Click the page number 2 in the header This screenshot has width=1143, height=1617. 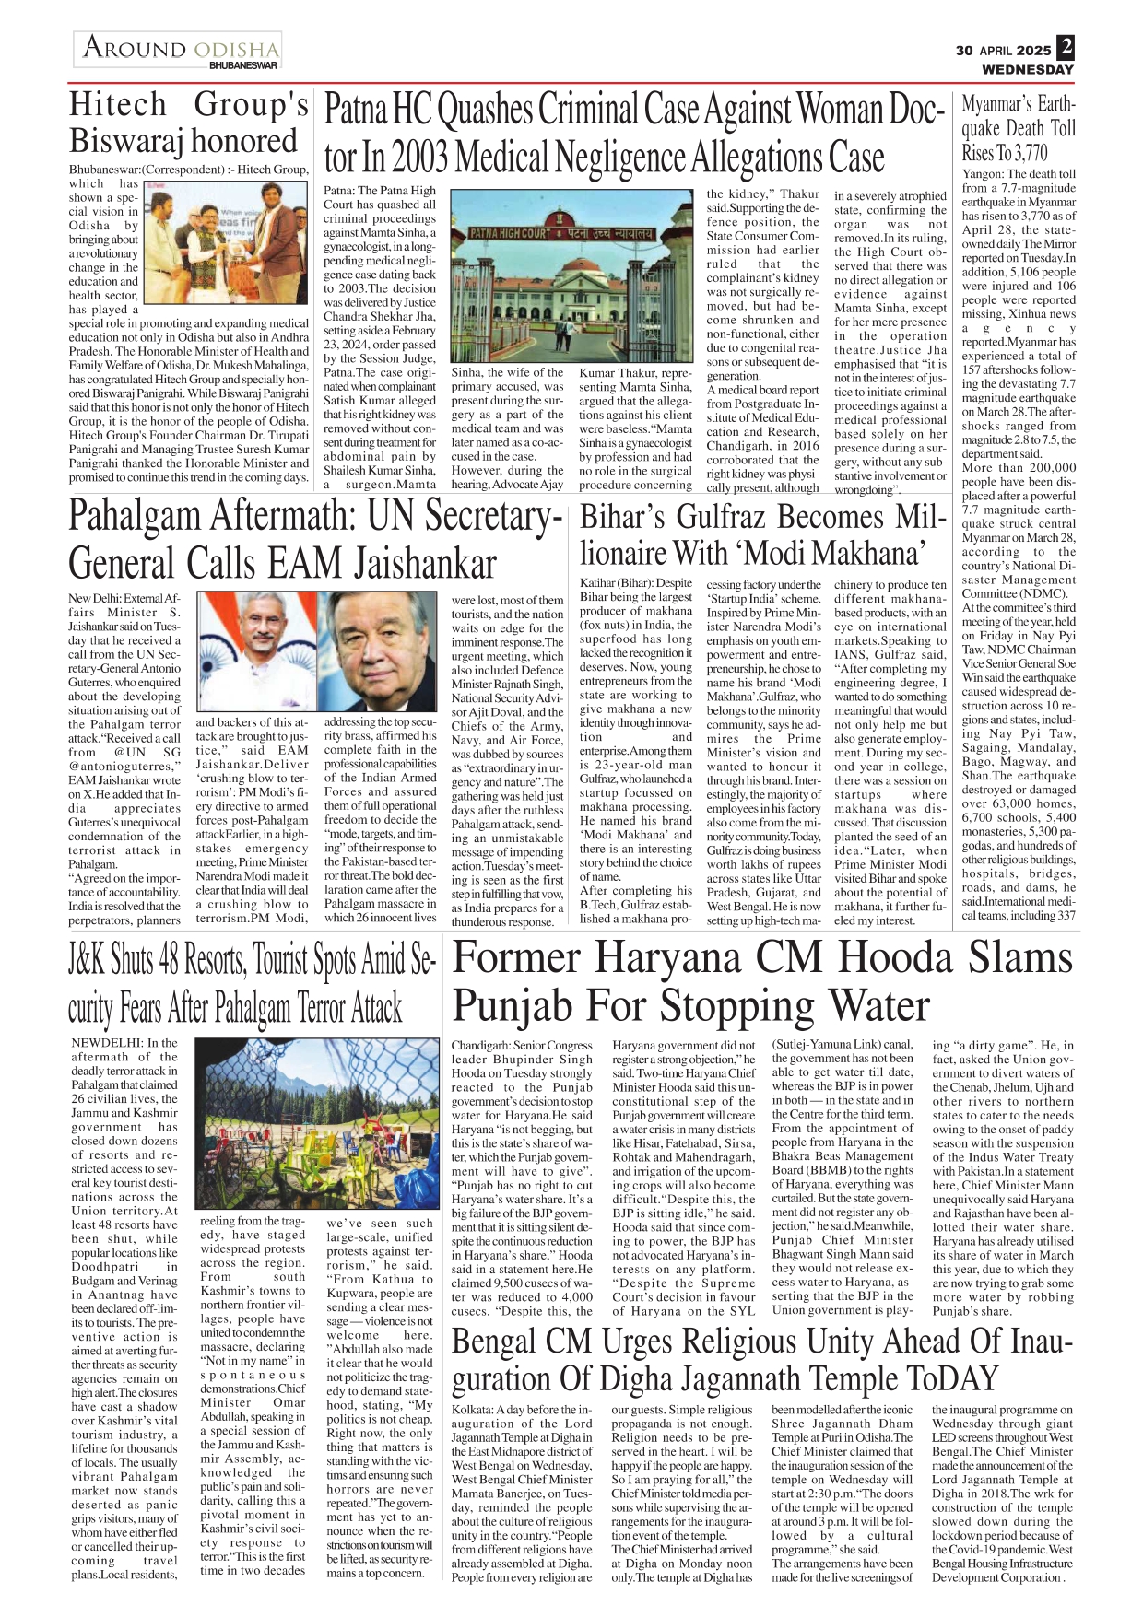click(1066, 47)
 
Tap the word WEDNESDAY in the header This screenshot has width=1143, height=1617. click(1028, 69)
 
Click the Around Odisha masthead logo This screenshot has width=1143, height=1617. click(178, 50)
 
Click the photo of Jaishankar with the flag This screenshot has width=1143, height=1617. click(256, 651)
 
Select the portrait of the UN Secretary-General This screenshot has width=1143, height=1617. click(383, 651)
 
